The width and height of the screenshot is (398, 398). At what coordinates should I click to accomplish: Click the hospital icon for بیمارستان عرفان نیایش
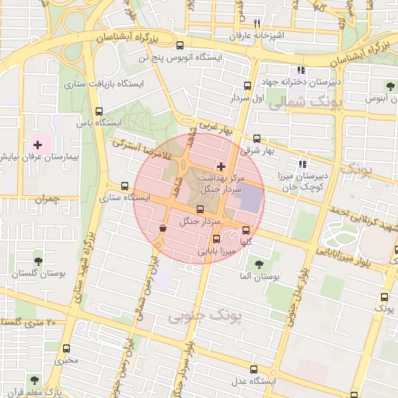37,145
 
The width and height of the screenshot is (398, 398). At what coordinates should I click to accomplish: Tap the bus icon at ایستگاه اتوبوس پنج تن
180,45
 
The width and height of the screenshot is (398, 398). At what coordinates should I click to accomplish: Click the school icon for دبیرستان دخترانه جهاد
302,71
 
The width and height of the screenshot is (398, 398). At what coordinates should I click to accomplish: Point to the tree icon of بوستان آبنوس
390,86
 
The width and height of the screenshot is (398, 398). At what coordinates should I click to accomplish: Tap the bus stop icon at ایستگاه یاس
99,111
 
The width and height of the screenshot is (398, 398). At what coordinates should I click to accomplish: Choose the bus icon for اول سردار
247,86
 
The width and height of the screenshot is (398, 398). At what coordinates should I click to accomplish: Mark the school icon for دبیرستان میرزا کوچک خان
302,164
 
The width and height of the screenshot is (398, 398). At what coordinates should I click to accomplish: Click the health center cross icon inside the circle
222,166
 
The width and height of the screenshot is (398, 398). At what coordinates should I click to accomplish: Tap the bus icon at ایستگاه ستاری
124,186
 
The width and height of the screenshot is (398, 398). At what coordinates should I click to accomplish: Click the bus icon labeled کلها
246,231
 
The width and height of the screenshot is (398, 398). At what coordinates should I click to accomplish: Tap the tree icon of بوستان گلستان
38,261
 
